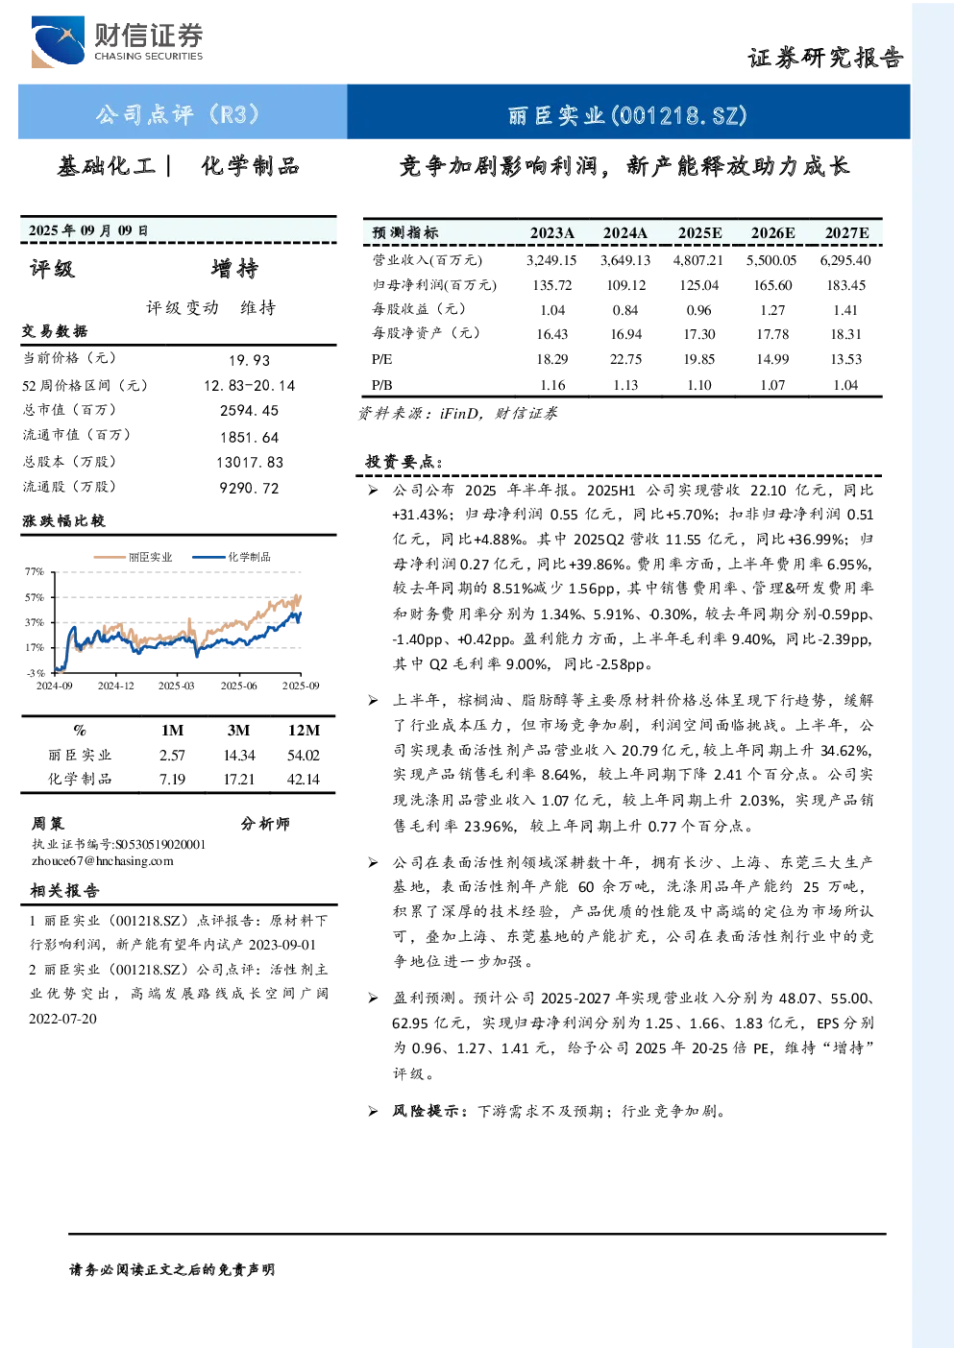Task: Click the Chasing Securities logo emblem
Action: tap(58, 41)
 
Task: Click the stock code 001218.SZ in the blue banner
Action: tap(680, 115)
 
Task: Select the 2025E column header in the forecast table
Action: tap(699, 233)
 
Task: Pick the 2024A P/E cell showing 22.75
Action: tap(625, 359)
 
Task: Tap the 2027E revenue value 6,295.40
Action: tap(845, 260)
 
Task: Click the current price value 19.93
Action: tap(250, 360)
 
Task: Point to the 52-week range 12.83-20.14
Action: tap(250, 386)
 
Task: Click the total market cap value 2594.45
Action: tap(250, 410)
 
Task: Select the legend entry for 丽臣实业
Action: tap(134, 557)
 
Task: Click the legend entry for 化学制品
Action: tap(232, 557)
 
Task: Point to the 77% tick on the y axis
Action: tap(35, 571)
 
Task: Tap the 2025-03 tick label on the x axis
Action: tap(177, 686)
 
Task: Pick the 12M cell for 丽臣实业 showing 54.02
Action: tap(303, 756)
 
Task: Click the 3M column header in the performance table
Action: tap(238, 731)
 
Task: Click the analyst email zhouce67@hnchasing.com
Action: tap(103, 861)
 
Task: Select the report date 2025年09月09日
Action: tap(88, 230)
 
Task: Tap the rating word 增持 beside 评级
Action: tap(234, 269)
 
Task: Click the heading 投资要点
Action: tap(404, 462)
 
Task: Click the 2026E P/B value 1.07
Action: tap(772, 385)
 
